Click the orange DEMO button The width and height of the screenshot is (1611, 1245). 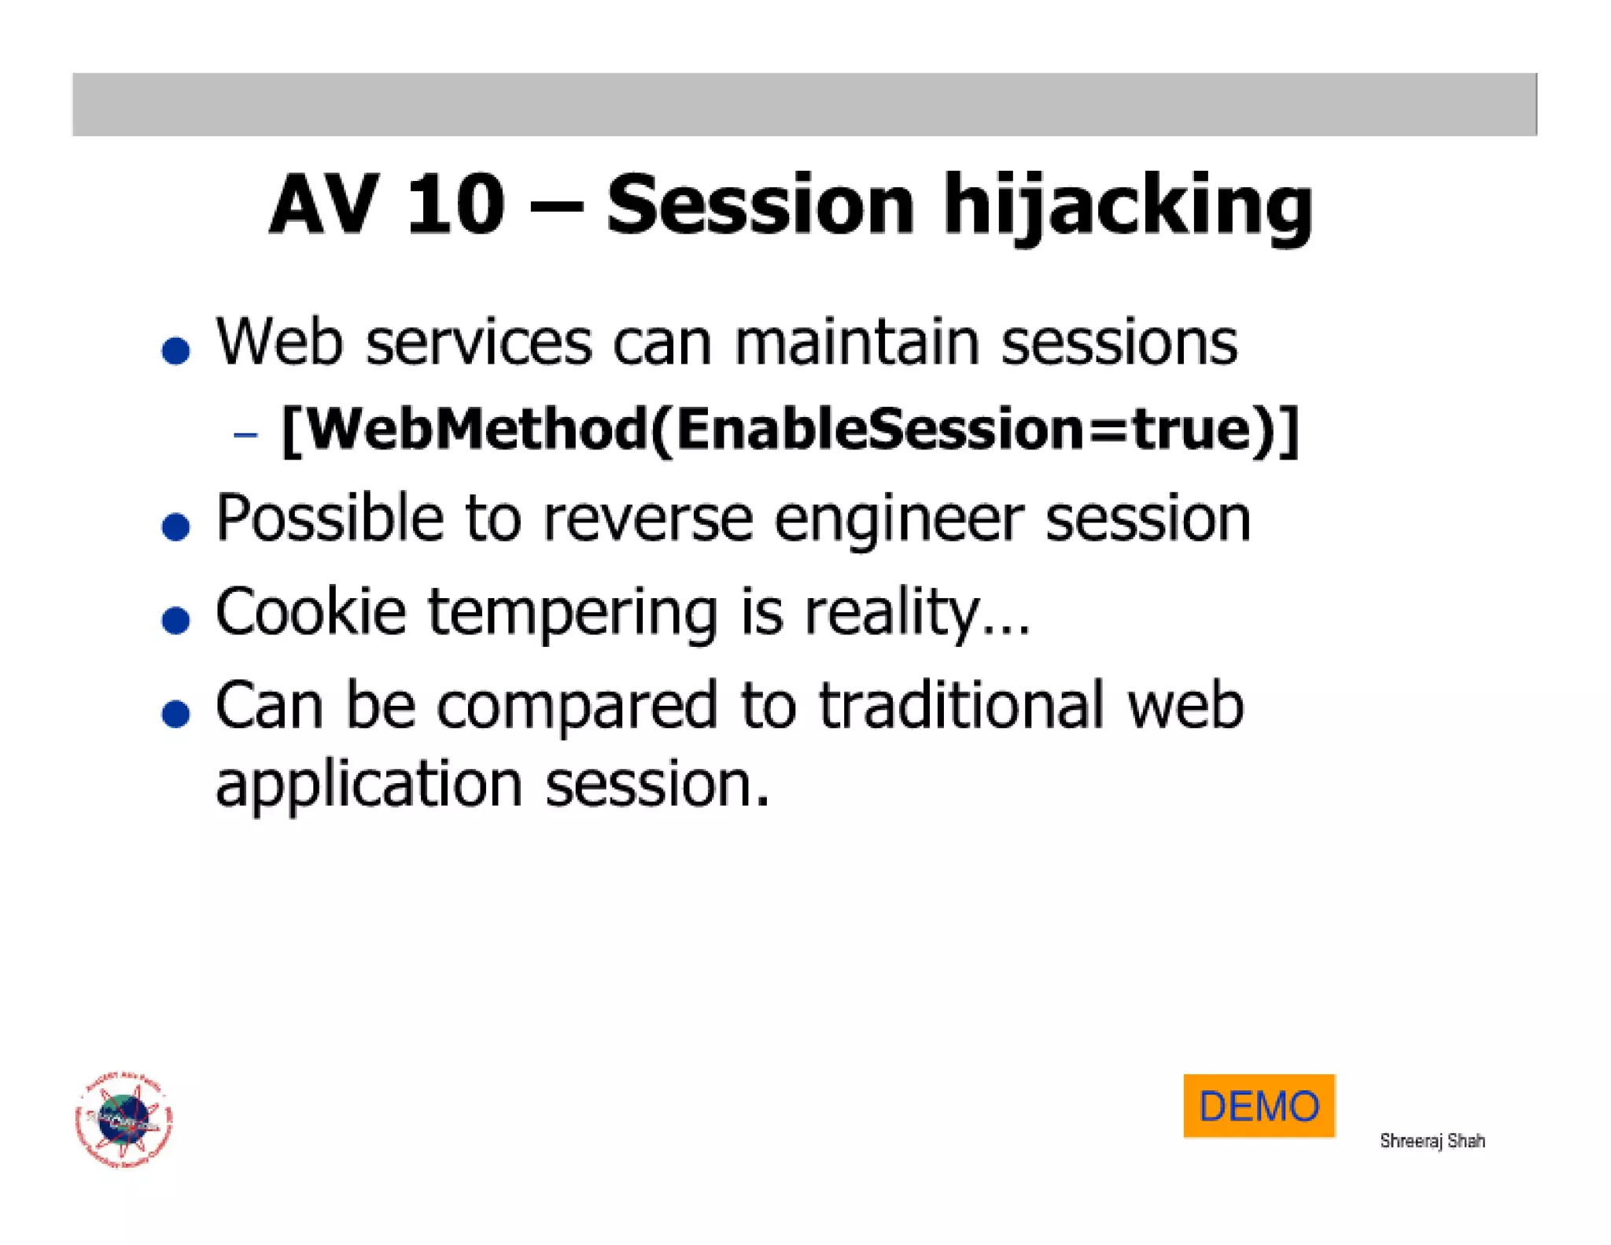tap(1259, 1105)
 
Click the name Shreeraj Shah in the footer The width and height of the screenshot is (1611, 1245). tap(1432, 1140)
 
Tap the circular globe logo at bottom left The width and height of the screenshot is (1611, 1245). tap(124, 1119)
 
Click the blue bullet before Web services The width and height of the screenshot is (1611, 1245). tap(175, 350)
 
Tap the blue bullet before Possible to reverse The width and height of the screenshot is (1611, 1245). tap(175, 526)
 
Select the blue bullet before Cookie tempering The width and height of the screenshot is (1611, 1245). tap(175, 619)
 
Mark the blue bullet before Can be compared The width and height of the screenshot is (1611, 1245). tap(175, 713)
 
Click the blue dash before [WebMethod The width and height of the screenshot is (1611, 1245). tap(245, 434)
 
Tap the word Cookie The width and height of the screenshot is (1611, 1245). tap(311, 611)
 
